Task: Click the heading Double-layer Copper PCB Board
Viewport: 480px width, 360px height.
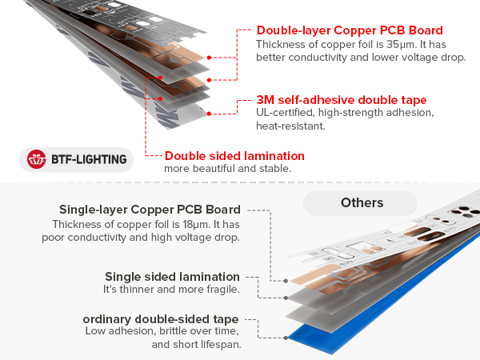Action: tap(350, 30)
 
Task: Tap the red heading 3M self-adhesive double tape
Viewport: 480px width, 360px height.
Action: tap(342, 100)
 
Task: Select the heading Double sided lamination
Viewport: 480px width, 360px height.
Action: tap(234, 156)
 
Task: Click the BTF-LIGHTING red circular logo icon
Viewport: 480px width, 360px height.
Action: tap(37, 159)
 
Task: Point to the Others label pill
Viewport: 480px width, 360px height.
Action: tap(360, 203)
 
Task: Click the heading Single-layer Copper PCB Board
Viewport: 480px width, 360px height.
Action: tap(150, 210)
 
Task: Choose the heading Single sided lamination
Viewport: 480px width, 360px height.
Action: tap(172, 277)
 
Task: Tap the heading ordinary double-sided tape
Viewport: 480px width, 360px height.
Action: tap(161, 319)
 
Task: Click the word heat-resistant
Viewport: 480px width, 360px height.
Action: tap(290, 126)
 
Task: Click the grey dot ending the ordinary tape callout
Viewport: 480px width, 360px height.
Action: tap(286, 338)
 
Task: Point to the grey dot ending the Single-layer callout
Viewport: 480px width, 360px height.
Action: tap(286, 281)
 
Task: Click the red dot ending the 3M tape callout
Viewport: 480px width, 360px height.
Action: tap(209, 114)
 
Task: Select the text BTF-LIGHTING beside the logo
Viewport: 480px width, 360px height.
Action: tap(89, 159)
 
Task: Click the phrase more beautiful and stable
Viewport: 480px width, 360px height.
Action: tap(228, 169)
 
